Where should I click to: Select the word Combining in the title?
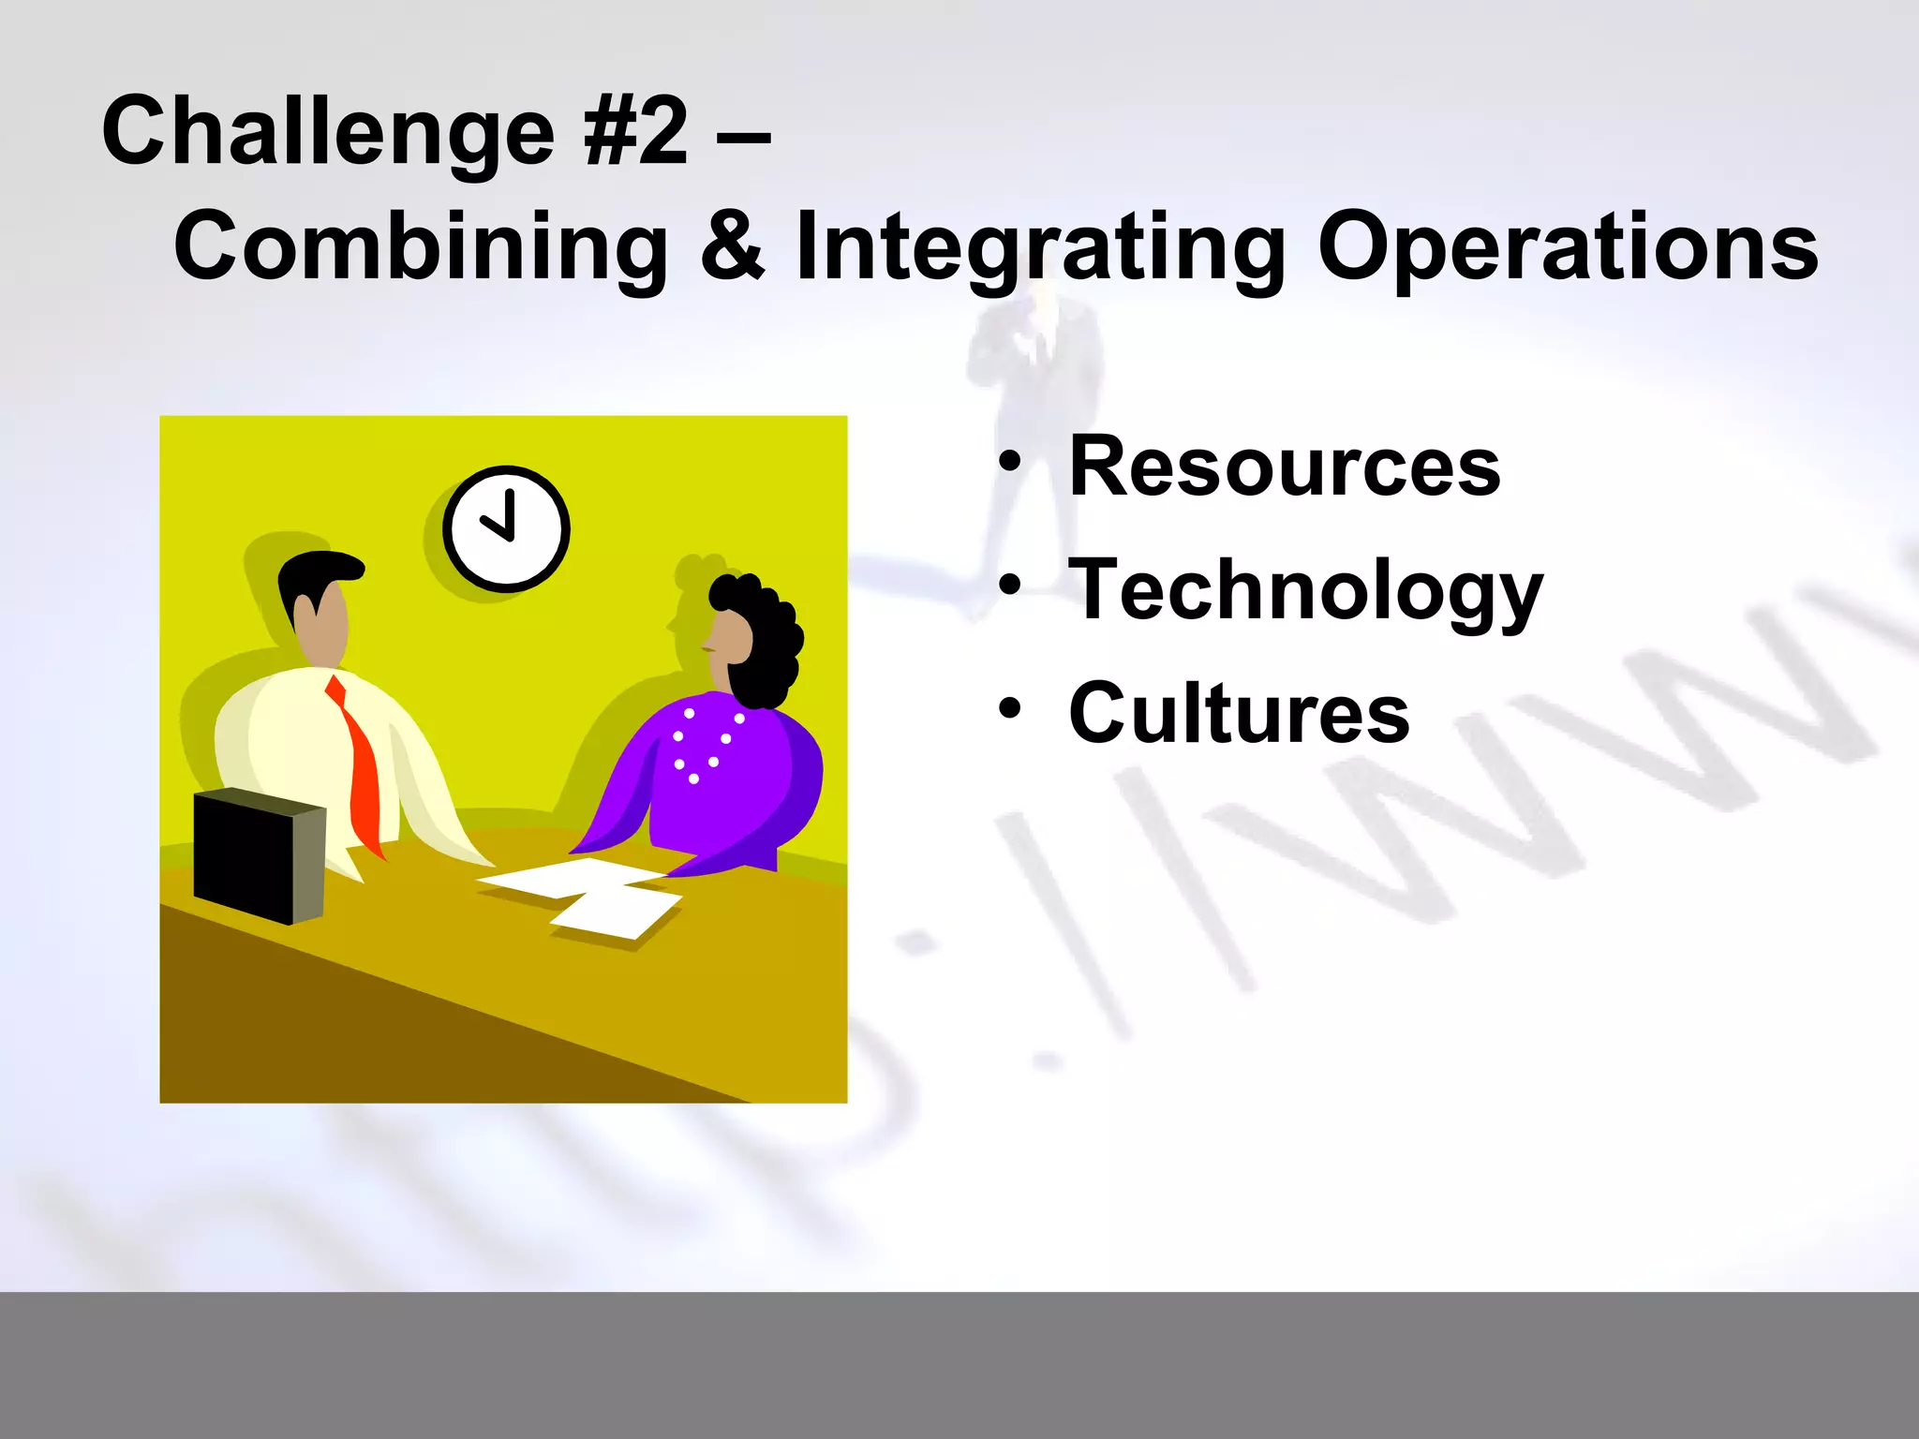(421, 245)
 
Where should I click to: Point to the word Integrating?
(1040, 245)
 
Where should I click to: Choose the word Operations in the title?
(1568, 245)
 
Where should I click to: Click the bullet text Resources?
(1285, 466)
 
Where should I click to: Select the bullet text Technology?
(1305, 590)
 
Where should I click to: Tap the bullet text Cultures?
(1239, 713)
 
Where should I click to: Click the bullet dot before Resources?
(1009, 461)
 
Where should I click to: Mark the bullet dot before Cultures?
(1009, 708)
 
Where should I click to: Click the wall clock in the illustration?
(506, 528)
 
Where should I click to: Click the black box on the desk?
(258, 854)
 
